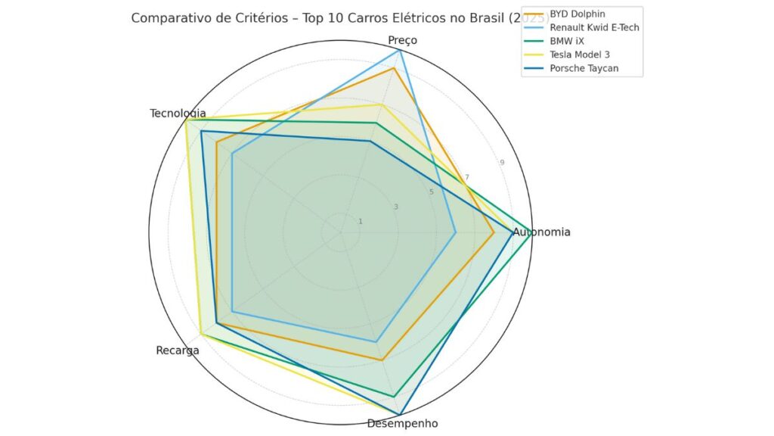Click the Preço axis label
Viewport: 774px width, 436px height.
(x=402, y=40)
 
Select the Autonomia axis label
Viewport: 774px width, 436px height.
(x=541, y=232)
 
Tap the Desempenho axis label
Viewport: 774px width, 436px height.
(x=402, y=423)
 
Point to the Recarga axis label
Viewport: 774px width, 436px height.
(x=178, y=350)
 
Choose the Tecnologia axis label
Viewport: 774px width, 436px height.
(x=178, y=114)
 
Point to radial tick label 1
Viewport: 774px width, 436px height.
(x=360, y=222)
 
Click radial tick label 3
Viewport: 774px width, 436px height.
(x=395, y=207)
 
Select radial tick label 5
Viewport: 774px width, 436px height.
(x=431, y=192)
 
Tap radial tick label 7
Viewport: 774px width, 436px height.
(x=466, y=178)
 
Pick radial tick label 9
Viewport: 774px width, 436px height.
(x=502, y=163)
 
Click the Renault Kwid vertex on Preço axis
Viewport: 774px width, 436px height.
(x=399, y=51)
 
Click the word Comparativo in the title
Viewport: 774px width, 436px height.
(x=167, y=18)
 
